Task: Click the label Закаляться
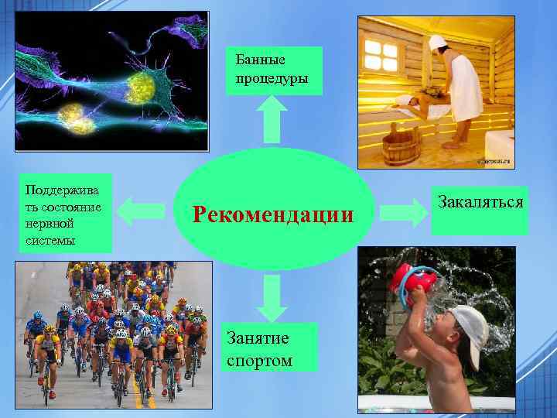click(480, 203)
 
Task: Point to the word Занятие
click(258, 338)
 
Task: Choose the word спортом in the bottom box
click(260, 360)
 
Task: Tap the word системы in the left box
click(50, 241)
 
